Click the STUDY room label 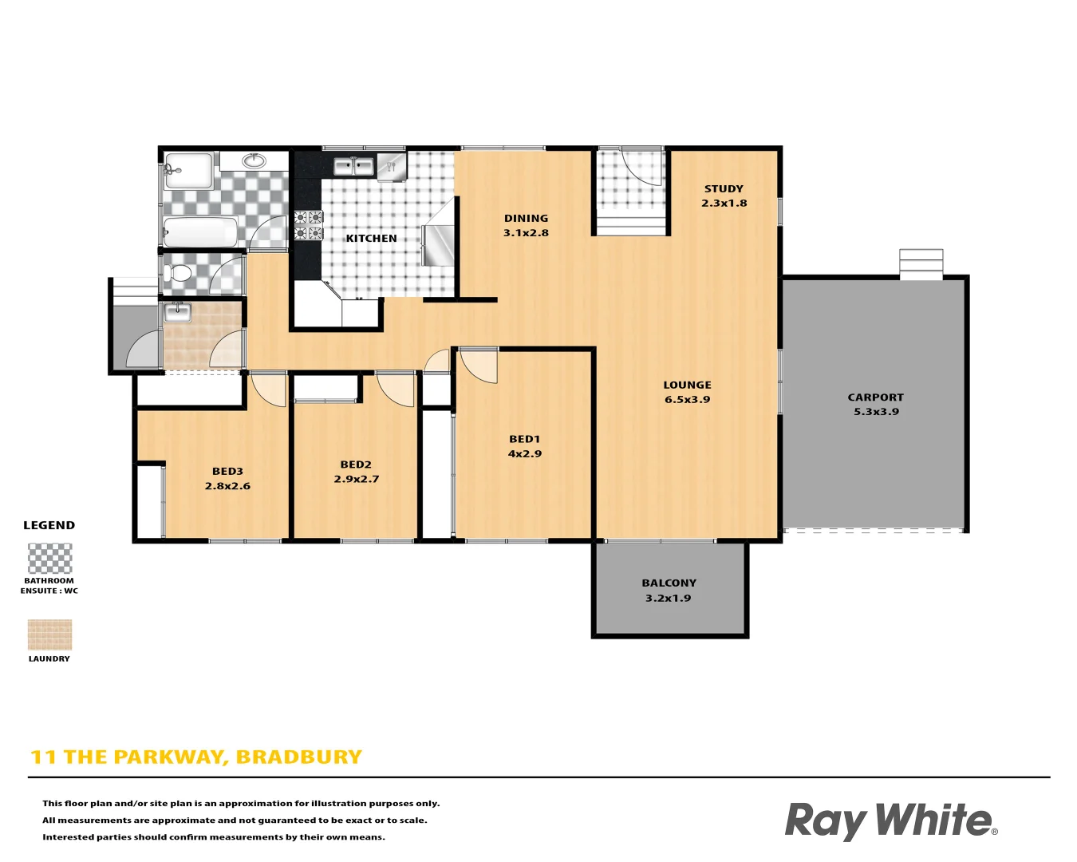(x=724, y=189)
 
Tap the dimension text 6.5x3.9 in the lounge (x=687, y=400)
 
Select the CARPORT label (x=875, y=397)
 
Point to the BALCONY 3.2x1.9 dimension (x=669, y=598)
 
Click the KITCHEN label (x=371, y=239)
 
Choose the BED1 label (x=525, y=439)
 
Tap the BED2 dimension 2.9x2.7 (x=356, y=479)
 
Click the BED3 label (x=227, y=472)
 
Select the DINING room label (x=526, y=219)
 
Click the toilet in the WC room (x=180, y=275)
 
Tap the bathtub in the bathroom (x=201, y=232)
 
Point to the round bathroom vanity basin (x=254, y=160)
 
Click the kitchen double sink (x=353, y=167)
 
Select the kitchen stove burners (x=309, y=225)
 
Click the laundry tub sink (x=177, y=312)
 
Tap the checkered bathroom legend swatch (x=49, y=559)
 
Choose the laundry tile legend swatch (x=49, y=635)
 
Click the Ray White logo (x=890, y=820)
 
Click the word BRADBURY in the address (x=299, y=757)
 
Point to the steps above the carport (x=921, y=263)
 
